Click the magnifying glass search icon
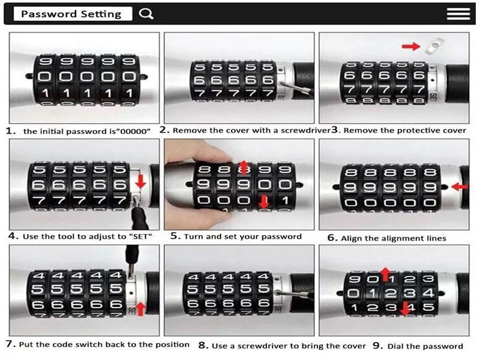[x=146, y=14]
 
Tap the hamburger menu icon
[x=458, y=14]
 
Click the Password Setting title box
[x=73, y=14]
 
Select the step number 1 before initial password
[x=11, y=131]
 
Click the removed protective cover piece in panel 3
[x=434, y=46]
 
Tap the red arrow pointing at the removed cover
[x=411, y=46]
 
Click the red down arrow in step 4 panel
[x=140, y=181]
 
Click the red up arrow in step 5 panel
[x=244, y=167]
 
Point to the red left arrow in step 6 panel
[x=460, y=186]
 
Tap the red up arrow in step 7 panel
[x=140, y=308]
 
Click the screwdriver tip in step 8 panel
[x=278, y=293]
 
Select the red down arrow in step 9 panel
[x=405, y=308]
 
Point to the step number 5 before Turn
[x=174, y=236]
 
